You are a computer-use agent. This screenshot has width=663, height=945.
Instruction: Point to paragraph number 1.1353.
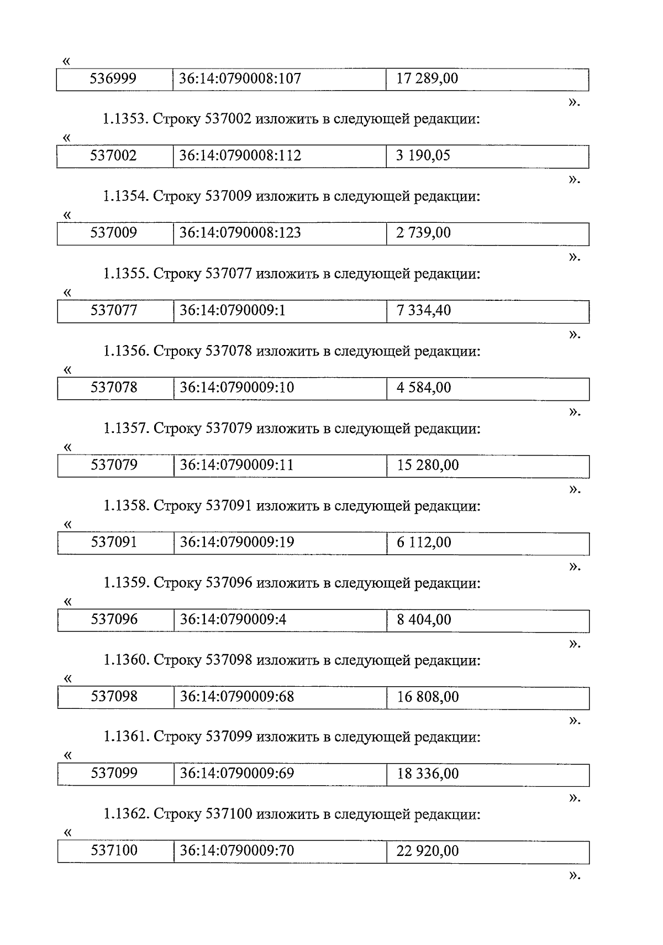125,119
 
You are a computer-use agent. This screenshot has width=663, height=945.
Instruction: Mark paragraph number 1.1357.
125,429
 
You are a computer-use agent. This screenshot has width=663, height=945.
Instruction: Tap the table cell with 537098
114,697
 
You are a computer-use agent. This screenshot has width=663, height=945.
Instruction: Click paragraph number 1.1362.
125,815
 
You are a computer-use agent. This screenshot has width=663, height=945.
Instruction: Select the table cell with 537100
114,851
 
